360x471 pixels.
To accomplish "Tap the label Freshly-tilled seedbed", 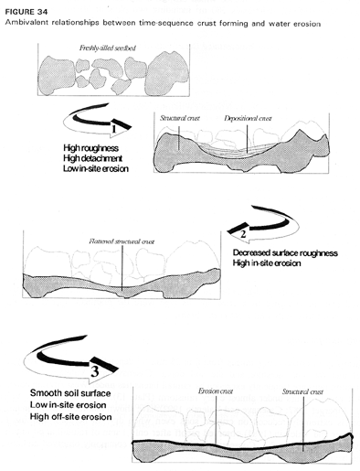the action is point(108,48).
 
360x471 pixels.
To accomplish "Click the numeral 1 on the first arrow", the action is point(114,129).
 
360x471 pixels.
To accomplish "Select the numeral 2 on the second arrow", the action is point(243,234).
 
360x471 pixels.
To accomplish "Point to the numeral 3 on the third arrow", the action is point(95,372).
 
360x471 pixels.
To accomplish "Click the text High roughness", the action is point(90,148).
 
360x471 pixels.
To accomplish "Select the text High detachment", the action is point(92,158).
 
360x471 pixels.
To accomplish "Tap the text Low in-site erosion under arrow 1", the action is point(96,168).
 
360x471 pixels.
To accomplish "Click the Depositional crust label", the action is point(248,118).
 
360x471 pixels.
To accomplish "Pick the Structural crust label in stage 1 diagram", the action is point(180,118).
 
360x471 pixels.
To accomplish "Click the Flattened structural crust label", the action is point(122,241).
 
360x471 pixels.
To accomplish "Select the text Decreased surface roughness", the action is point(285,253).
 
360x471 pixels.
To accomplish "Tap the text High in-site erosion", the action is point(267,262).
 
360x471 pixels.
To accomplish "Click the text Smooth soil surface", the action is point(70,393).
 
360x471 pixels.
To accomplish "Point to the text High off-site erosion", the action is point(70,417).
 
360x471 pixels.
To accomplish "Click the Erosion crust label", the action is point(216,391).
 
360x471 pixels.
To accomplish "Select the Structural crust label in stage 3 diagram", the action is point(302,391).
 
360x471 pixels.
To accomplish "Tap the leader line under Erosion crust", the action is point(216,420).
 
